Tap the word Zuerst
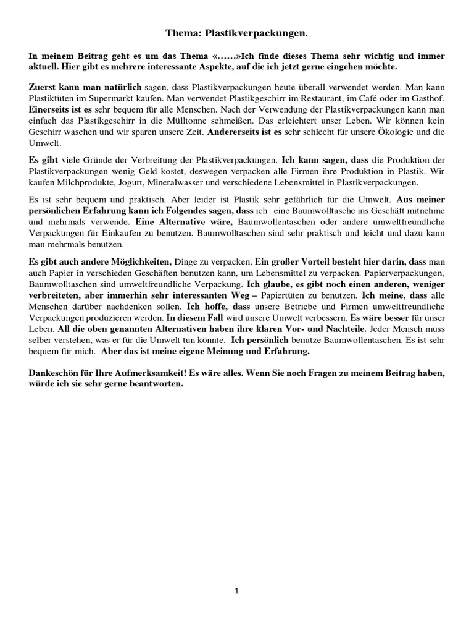coord(43,87)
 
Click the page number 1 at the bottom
coord(237,591)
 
